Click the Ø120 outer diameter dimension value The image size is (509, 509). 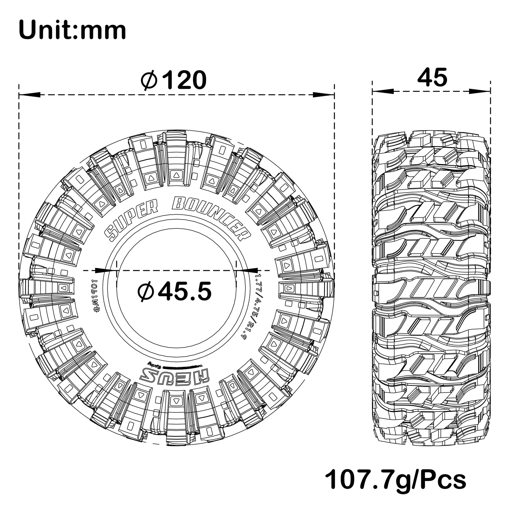pyautogui.click(x=174, y=80)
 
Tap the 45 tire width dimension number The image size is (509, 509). pyautogui.click(x=432, y=77)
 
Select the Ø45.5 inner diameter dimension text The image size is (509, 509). pyautogui.click(x=175, y=291)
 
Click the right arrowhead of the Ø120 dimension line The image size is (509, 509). pyautogui.click(x=324, y=95)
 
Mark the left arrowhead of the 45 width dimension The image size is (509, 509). pyautogui.click(x=383, y=92)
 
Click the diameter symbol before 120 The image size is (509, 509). pyautogui.click(x=149, y=80)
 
